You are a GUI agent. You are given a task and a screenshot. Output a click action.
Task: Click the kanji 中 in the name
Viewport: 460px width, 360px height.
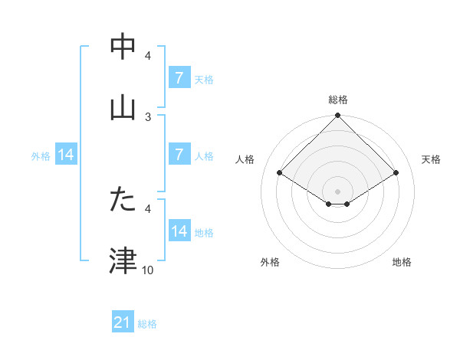[123, 47]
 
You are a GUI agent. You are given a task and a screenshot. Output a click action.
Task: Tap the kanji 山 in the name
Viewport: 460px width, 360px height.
[123, 108]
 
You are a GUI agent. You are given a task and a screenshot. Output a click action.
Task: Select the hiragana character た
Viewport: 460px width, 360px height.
[123, 200]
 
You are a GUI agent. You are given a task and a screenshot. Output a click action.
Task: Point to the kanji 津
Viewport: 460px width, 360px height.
[123, 261]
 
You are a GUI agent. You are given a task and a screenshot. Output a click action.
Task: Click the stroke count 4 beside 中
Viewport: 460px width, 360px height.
[148, 56]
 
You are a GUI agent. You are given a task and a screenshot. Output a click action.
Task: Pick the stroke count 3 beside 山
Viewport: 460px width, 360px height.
[148, 116]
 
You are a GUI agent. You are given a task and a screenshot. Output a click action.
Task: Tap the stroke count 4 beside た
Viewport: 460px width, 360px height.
[148, 208]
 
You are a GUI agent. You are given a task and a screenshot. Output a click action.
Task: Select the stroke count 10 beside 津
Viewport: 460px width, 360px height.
[148, 270]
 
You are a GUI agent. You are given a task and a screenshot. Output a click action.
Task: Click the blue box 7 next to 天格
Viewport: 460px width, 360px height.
[179, 77]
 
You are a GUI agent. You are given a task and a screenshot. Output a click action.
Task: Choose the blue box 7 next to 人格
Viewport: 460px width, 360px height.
[179, 154]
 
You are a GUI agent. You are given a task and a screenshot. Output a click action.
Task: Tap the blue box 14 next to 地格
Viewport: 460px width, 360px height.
[179, 231]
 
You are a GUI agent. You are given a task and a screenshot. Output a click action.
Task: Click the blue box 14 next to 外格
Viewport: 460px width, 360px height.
[66, 154]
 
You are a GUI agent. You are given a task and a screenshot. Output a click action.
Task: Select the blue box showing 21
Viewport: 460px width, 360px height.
[123, 322]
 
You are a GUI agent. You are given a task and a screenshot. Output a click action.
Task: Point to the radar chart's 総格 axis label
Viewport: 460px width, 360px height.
[338, 100]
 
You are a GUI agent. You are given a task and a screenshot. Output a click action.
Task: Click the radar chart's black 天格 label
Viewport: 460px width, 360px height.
[431, 159]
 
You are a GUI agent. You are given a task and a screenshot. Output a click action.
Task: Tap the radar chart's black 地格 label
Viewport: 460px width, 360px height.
[402, 262]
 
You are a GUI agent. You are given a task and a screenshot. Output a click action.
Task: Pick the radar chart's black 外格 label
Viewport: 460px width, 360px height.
[270, 262]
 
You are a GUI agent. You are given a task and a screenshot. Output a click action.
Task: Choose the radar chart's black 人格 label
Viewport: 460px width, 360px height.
[245, 159]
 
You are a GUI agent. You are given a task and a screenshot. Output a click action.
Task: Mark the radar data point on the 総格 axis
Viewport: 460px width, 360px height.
[338, 116]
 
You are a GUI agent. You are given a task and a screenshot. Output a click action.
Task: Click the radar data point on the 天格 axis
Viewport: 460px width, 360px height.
[396, 173]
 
